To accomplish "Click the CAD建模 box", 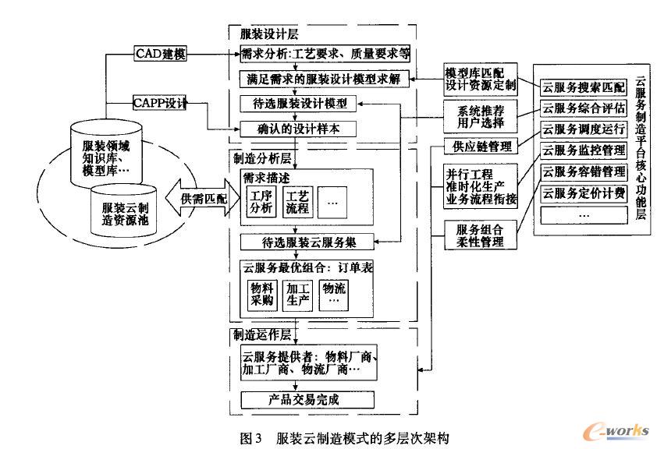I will click(160, 55).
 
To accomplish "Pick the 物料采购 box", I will click(257, 294).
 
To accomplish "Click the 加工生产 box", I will click(297, 294).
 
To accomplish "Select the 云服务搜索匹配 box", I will click(583, 86).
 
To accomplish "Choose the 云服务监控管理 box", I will click(583, 150).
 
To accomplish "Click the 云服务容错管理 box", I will click(583, 171).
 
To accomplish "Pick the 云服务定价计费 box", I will click(583, 193).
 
